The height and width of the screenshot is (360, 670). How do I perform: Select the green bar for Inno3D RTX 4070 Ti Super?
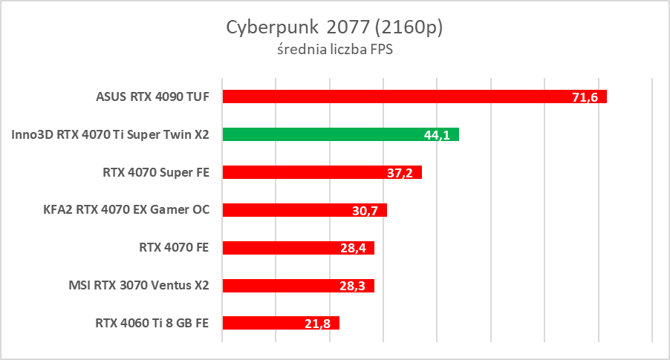pos(340,134)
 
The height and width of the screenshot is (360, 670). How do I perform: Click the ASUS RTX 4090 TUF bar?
pos(414,96)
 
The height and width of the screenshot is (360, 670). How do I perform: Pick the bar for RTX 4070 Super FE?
pos(322,172)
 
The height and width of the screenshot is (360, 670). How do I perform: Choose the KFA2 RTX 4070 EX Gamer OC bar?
pos(305,210)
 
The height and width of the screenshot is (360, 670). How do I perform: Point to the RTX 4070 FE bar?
pos(298,248)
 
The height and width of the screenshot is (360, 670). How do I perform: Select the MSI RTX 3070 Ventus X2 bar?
pos(298,286)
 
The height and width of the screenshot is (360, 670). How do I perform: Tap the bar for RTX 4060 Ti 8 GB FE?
pos(281,323)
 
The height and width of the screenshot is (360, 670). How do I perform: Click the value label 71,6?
pos(585,97)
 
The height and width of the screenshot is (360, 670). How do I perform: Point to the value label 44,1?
pos(437,135)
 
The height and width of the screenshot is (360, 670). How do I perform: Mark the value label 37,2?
pos(400,173)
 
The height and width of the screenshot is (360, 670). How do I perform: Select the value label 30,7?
pos(365,211)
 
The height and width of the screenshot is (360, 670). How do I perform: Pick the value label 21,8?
pos(317,324)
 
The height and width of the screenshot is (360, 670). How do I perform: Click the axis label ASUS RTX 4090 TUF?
pos(153,96)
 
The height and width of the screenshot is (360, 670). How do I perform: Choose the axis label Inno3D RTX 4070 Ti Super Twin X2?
pos(111,134)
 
